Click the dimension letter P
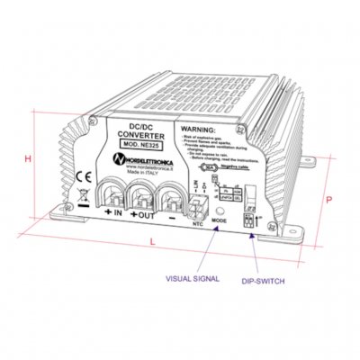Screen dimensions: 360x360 [x=330, y=201]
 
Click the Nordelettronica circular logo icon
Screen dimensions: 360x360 [x=120, y=158]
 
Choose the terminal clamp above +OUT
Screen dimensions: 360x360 [x=146, y=193]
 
